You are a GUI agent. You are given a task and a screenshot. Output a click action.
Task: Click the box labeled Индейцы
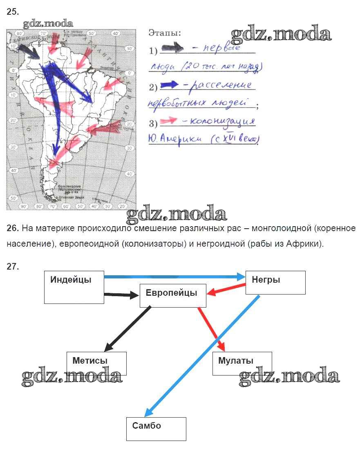pos(74,287)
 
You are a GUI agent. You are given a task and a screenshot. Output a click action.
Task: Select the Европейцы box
pos(173,296)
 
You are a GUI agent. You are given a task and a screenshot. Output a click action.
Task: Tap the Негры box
pos(275,283)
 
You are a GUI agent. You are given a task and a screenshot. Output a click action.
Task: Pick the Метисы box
pos(96,363)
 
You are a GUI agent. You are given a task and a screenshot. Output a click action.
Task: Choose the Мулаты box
pos(242,363)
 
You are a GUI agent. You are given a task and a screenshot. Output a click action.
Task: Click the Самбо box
pos(156,429)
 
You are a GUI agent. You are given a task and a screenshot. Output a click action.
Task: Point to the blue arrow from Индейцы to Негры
pos(174,277)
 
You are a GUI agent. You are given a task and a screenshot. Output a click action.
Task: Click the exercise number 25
pos(13,12)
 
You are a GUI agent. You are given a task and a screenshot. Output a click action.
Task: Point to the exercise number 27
pos(13,267)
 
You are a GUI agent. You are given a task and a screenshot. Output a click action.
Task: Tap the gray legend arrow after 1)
pos(173,49)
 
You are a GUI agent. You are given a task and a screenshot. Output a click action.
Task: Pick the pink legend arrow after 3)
pos(169,120)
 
